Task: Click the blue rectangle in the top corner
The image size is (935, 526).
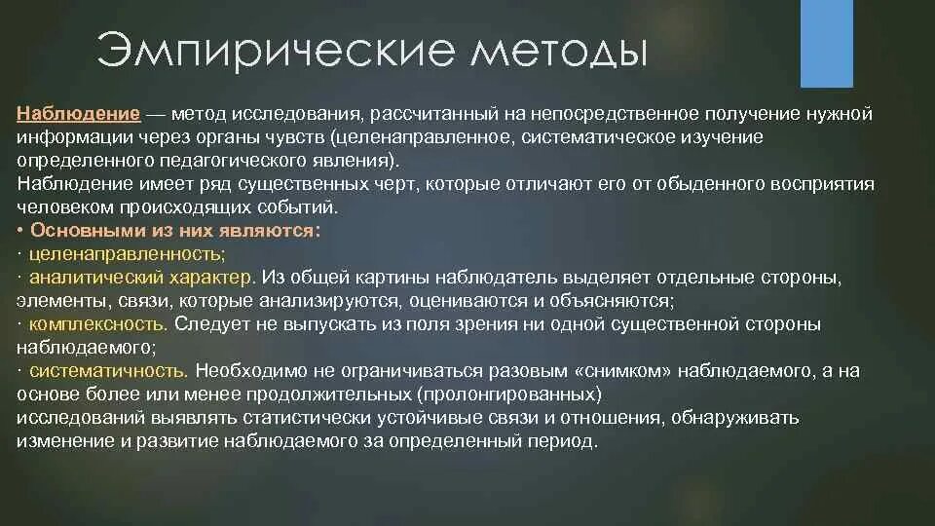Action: point(826,44)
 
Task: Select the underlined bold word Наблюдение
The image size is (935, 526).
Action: point(79,114)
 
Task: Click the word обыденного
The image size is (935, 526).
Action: point(662,184)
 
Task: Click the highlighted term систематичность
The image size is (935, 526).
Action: point(108,371)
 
